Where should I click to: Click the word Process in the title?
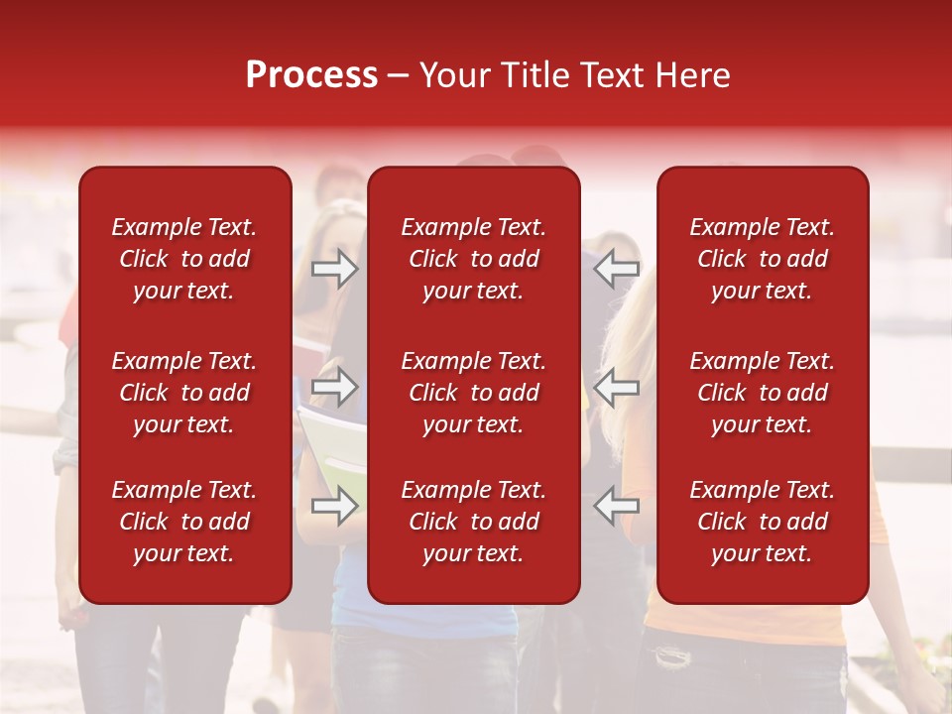tap(311, 75)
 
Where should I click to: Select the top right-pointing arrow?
tap(335, 269)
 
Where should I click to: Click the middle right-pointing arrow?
tap(335, 387)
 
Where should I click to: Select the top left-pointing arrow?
tap(617, 268)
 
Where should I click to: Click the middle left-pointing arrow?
tap(617, 387)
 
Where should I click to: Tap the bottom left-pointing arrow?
tap(617, 506)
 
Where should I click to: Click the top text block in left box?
tap(184, 259)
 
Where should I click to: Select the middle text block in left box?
tap(184, 393)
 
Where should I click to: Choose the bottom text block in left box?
tap(184, 522)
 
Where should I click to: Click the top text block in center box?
tap(473, 259)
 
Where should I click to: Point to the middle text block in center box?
tap(473, 393)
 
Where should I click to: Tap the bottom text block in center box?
tap(473, 522)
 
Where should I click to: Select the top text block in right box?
tap(762, 259)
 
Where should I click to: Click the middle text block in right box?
tap(762, 393)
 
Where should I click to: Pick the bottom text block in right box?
tap(762, 522)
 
